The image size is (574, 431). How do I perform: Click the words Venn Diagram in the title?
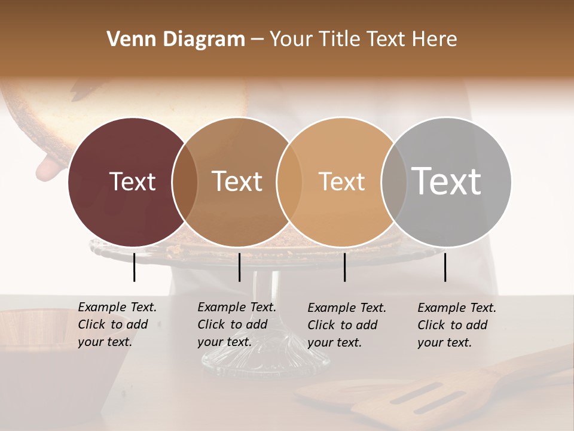pos(176,40)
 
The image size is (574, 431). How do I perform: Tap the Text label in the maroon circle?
pos(132,181)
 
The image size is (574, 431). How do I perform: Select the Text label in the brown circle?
pos(237,181)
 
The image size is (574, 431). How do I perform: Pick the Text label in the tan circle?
pos(341,181)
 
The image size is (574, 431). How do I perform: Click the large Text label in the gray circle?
pos(447,181)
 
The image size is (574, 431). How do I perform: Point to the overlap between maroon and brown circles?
pos(185,182)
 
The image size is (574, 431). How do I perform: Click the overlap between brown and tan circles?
pos(289,182)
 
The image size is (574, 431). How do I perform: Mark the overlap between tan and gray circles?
pos(393,182)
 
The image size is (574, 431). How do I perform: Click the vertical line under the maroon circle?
pos(134,267)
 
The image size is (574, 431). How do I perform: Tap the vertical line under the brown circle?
pos(239,267)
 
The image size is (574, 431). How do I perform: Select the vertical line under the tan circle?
pos(344,267)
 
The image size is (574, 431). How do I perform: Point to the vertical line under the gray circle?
pos(445,267)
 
